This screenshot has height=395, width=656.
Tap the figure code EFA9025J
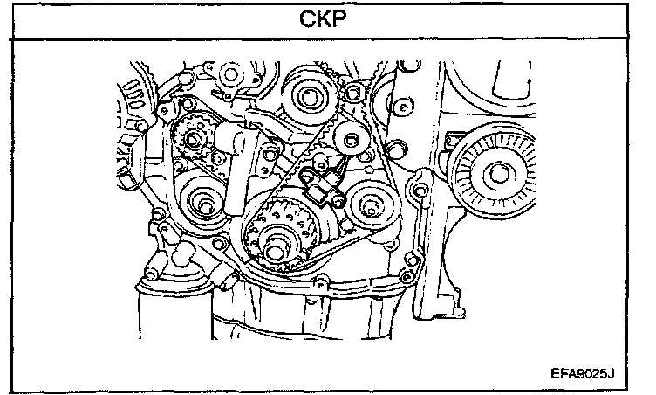coord(583,371)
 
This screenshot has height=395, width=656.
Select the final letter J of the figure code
coord(612,371)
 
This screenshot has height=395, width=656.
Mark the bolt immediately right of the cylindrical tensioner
coord(266,156)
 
